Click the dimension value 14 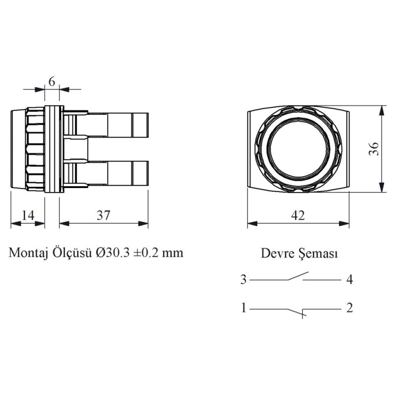click(x=28, y=215)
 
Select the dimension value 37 click(x=103, y=215)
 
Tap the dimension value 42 click(x=298, y=215)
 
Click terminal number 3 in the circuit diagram click(x=243, y=280)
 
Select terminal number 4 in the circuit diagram click(x=349, y=280)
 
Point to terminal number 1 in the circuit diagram click(x=243, y=308)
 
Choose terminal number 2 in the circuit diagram click(x=349, y=308)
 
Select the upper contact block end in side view click(x=142, y=124)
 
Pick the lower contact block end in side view click(x=142, y=173)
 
